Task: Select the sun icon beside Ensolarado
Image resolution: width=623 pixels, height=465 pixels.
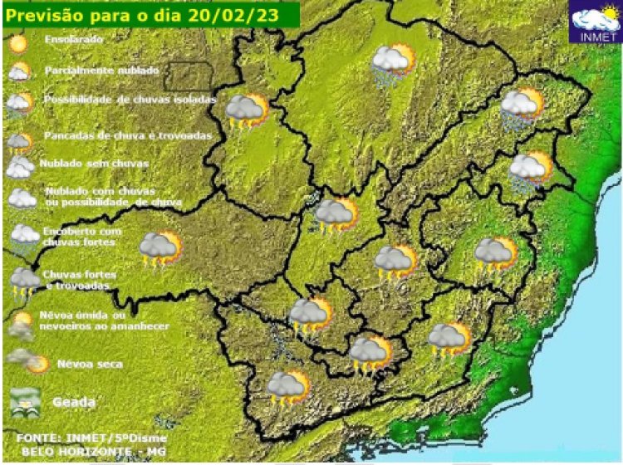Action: (20, 40)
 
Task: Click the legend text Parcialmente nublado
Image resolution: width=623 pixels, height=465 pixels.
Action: (101, 71)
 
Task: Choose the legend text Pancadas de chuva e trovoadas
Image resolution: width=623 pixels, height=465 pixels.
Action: (128, 135)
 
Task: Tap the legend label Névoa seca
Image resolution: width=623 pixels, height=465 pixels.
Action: (90, 364)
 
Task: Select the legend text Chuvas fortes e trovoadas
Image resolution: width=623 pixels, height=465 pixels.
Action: (80, 280)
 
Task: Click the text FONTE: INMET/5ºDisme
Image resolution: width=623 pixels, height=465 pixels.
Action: (91, 437)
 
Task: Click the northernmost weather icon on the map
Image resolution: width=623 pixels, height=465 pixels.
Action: (393, 65)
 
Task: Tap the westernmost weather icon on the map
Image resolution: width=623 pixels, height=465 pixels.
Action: (159, 249)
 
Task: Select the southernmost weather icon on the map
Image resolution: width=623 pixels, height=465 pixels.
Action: (287, 389)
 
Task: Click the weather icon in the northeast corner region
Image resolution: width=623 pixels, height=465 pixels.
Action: (522, 109)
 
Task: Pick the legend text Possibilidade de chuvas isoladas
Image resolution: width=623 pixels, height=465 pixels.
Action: (129, 99)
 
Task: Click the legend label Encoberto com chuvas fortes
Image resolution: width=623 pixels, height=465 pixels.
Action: (81, 236)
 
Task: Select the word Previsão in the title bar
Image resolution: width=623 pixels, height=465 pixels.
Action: (42, 13)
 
